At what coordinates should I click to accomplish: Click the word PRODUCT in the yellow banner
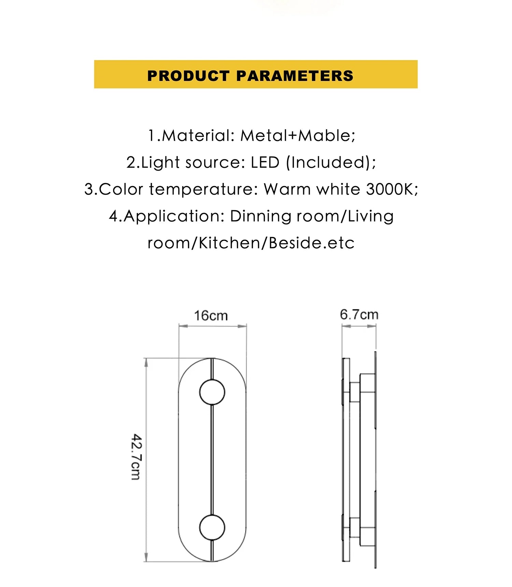(x=188, y=76)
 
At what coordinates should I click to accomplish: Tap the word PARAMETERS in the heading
(x=295, y=76)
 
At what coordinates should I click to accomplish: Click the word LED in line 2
(x=265, y=162)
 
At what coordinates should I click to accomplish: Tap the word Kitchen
(x=229, y=243)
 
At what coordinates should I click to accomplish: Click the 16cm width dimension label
(x=211, y=316)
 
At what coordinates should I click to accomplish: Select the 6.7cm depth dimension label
(x=359, y=314)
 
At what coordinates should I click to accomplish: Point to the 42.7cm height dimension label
(x=137, y=457)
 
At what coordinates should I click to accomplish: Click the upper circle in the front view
(x=212, y=392)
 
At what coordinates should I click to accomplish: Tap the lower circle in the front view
(x=212, y=527)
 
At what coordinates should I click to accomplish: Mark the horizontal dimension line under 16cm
(x=213, y=326)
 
